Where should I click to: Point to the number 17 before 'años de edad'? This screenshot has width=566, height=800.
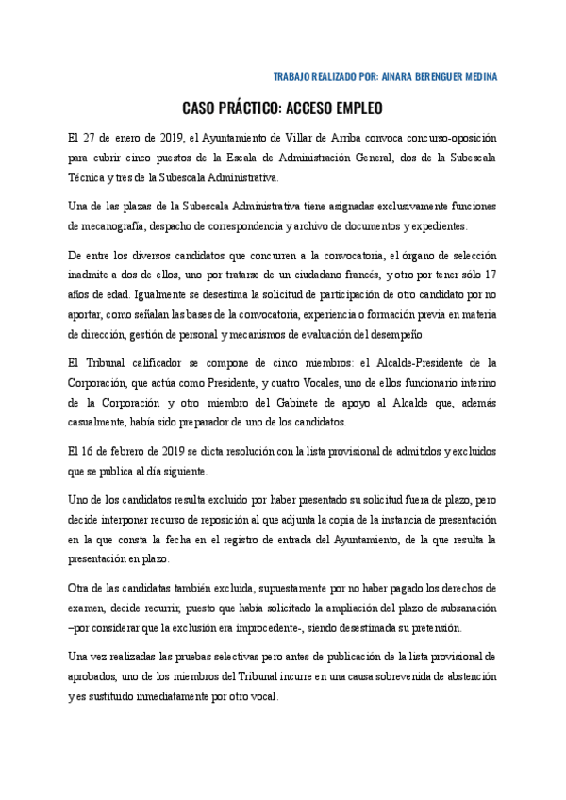pyautogui.click(x=488, y=276)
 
